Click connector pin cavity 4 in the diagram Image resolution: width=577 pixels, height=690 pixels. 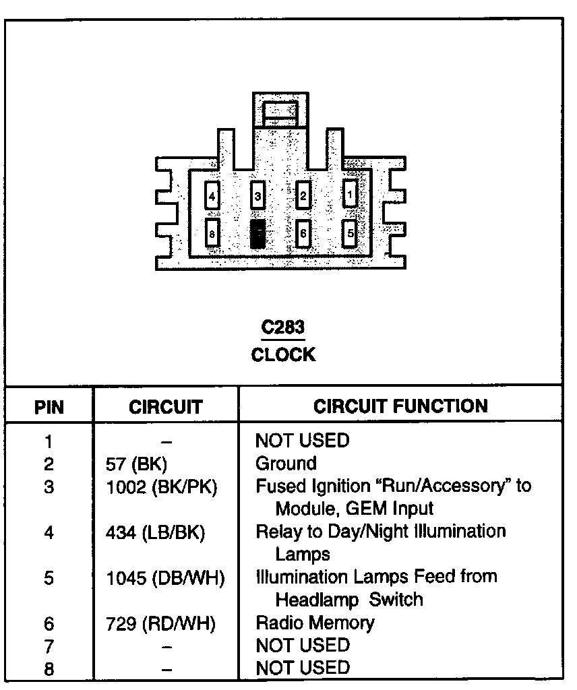(x=212, y=196)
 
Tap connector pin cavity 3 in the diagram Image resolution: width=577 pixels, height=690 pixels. (x=257, y=196)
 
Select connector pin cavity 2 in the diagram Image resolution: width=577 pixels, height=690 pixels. (x=303, y=196)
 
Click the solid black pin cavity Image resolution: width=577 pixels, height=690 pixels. (x=257, y=234)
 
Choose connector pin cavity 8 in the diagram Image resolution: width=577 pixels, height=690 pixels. (x=212, y=234)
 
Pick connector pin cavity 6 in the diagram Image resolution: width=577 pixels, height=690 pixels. (x=303, y=234)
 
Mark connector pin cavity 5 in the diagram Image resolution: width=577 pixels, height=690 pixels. (x=350, y=234)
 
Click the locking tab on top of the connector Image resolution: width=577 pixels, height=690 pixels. (x=280, y=111)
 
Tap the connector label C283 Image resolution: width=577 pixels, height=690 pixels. (x=283, y=327)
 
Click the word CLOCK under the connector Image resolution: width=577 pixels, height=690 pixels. (x=283, y=354)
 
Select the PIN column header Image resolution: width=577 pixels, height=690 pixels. (x=49, y=406)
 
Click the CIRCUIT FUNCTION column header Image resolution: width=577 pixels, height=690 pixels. (x=400, y=406)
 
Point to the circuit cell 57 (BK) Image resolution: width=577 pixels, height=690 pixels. (x=136, y=464)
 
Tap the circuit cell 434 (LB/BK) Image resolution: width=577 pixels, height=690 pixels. (x=155, y=532)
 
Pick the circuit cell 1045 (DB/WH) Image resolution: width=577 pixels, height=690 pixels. (x=165, y=577)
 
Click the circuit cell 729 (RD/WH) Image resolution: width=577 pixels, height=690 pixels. (x=161, y=623)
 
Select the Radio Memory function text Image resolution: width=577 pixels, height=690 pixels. (x=315, y=623)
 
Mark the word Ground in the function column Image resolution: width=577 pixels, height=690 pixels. (x=286, y=464)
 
